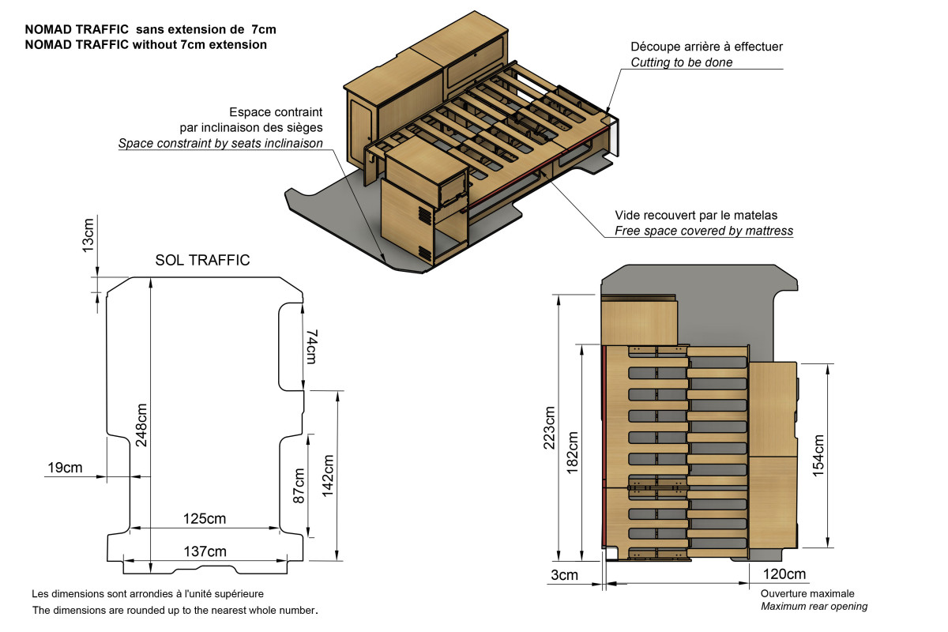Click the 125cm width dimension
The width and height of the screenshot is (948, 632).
(x=203, y=519)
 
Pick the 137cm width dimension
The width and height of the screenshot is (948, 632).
(x=203, y=551)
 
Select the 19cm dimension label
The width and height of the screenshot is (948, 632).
(x=65, y=468)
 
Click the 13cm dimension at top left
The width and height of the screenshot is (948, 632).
(x=88, y=234)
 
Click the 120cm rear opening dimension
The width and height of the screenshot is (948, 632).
(x=784, y=574)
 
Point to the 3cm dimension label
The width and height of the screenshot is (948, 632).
(x=564, y=575)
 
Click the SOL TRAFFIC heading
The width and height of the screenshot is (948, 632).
(x=202, y=260)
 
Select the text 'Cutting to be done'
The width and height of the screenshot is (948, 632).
(x=681, y=62)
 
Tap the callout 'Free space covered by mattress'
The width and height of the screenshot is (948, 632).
(x=704, y=231)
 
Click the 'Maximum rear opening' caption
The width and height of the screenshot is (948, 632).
(x=814, y=607)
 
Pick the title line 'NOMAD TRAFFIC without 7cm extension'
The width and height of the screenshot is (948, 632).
(x=146, y=44)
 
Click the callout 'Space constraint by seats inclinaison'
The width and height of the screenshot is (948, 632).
(x=220, y=143)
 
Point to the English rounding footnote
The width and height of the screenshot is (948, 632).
(x=175, y=611)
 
